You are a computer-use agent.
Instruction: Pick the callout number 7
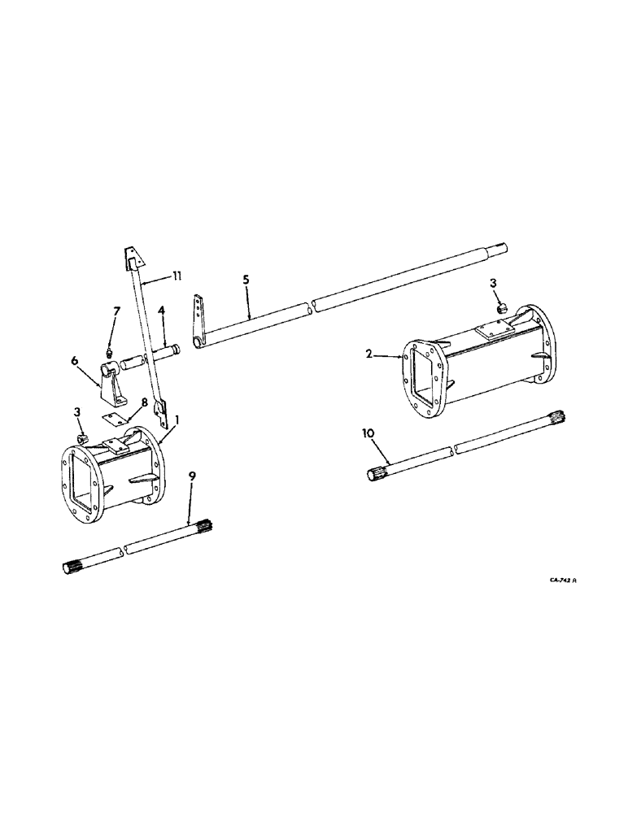(x=116, y=309)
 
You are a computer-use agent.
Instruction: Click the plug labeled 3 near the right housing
(x=502, y=308)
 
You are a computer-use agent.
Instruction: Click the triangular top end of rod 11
(x=133, y=259)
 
